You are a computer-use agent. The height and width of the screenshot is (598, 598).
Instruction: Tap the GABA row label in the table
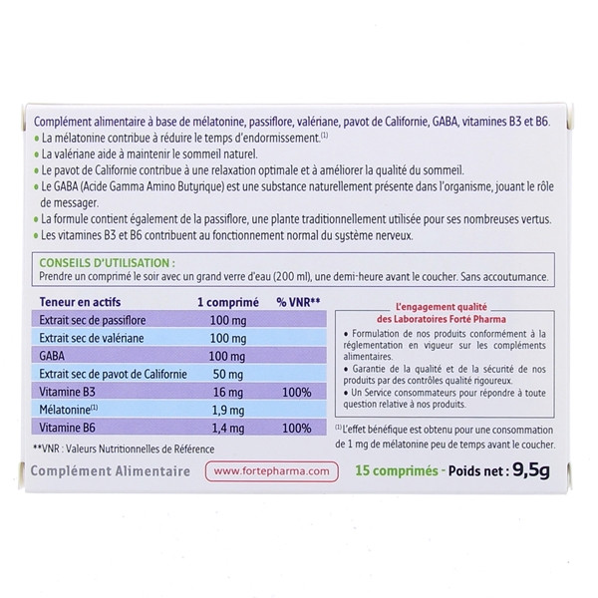click(50, 358)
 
